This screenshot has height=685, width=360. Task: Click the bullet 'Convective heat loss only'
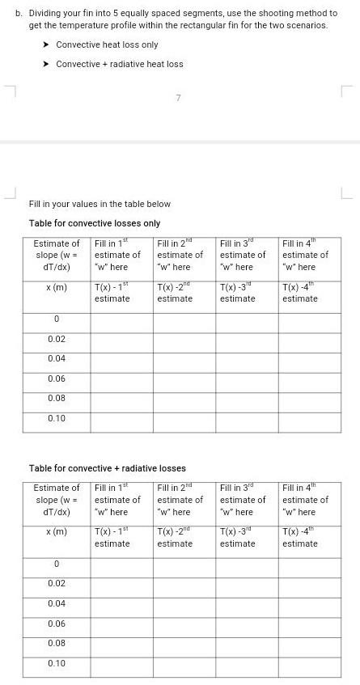coord(107,44)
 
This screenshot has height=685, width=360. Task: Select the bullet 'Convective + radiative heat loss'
coord(119,64)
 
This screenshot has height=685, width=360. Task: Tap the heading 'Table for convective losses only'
coord(95,223)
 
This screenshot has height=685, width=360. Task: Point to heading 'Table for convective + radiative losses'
coord(108,468)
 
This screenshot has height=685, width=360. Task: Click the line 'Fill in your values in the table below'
coord(100,204)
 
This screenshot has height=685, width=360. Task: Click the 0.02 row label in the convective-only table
coord(57,340)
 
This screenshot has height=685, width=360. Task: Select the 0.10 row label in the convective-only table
coord(57,418)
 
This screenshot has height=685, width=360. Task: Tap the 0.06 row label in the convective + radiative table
coord(57,624)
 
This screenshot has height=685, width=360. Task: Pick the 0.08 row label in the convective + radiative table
coord(57,643)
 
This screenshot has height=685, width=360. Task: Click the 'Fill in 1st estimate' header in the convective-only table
coord(117,255)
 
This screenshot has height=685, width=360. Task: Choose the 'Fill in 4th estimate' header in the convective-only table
coord(306,255)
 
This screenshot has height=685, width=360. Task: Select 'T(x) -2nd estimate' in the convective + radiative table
coord(176,537)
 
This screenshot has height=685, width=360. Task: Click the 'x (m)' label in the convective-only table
coord(57,287)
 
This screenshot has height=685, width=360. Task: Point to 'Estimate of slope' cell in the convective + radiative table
coord(57,500)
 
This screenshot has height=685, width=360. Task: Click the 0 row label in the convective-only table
coord(57,320)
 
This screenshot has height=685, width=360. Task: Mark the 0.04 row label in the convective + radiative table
coord(57,604)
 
